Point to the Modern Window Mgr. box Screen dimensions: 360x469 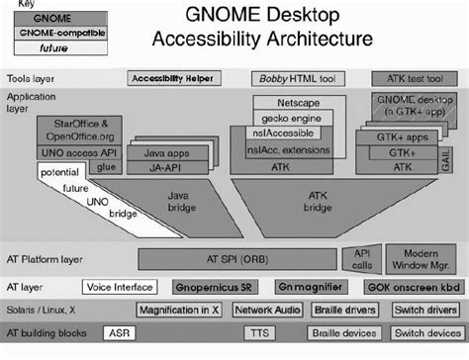(422, 258)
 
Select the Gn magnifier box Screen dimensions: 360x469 (302, 287)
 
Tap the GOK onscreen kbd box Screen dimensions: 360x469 (410, 287)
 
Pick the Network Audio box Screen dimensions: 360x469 (267, 310)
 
